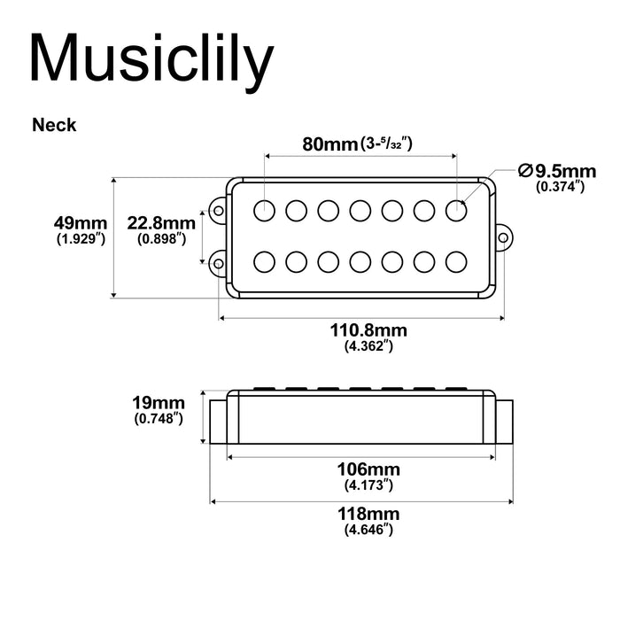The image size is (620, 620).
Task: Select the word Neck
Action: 54,125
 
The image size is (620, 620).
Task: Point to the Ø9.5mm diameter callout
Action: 559,170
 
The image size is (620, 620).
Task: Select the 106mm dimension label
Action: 368,469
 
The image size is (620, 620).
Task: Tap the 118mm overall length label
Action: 368,514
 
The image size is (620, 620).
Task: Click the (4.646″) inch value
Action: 368,530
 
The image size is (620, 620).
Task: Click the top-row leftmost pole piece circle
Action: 264,210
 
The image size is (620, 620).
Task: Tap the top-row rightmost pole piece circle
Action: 456,210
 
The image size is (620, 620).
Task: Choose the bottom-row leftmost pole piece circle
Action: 264,261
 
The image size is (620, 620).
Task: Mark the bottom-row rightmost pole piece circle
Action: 456,261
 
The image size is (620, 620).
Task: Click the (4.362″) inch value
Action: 368,347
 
